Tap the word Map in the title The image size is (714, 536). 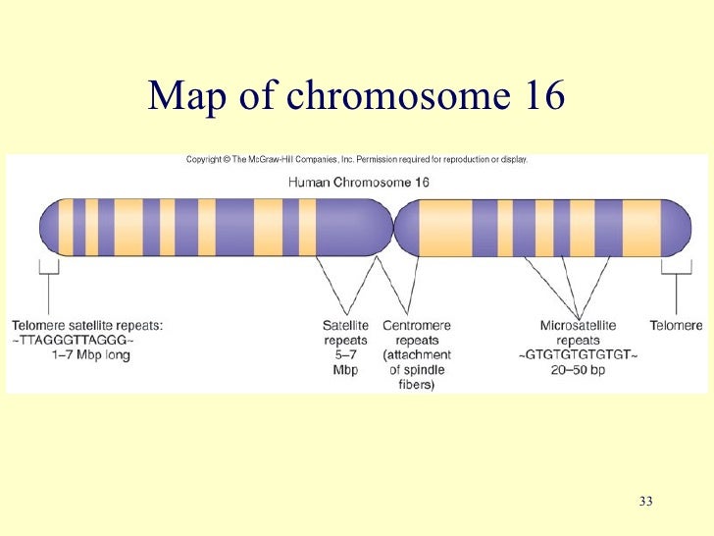(x=192, y=95)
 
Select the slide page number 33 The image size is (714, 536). (x=644, y=503)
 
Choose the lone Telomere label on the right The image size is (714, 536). (x=676, y=325)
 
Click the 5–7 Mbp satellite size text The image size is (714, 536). (x=345, y=362)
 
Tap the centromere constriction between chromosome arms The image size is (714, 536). (x=398, y=228)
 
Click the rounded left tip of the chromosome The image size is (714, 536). (x=47, y=228)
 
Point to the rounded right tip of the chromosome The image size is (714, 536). (x=682, y=228)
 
